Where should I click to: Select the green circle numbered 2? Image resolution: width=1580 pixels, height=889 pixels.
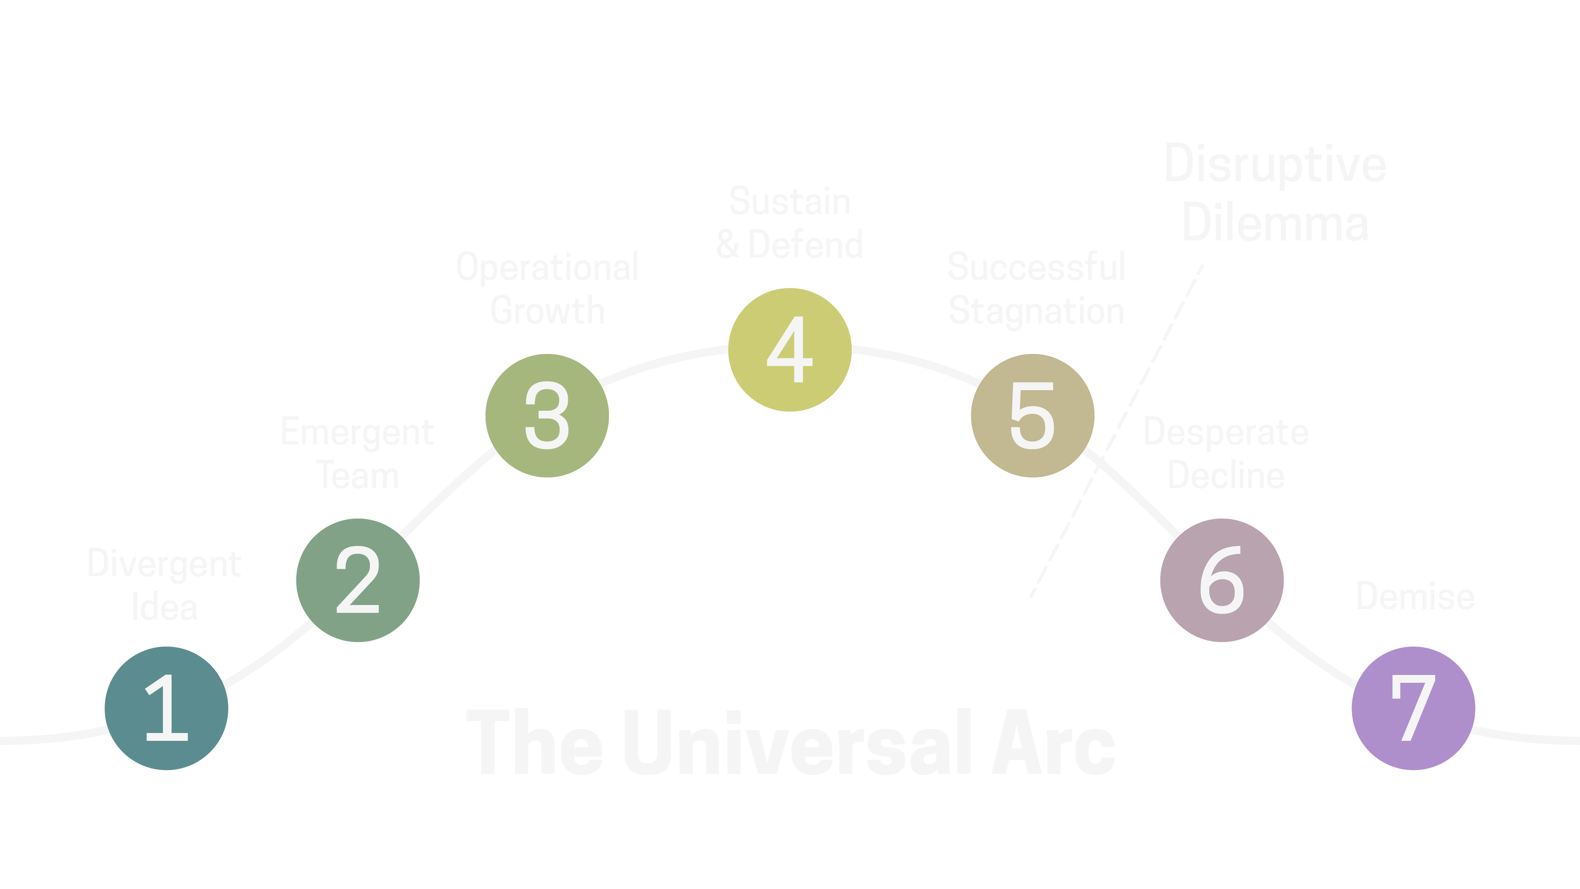(358, 580)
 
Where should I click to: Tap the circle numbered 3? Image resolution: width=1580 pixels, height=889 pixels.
(547, 415)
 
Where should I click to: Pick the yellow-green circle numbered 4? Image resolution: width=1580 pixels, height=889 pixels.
(790, 350)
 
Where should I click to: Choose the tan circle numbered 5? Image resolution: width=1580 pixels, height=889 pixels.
(1032, 415)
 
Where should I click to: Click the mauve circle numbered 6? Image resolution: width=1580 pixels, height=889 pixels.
(1222, 580)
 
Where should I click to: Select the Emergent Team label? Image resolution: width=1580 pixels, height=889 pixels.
(358, 453)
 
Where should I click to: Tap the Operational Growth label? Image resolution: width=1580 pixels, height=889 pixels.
(547, 289)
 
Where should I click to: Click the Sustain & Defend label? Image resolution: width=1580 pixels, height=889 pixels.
(790, 222)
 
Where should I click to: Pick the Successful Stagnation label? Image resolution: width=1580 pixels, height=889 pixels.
(1036, 289)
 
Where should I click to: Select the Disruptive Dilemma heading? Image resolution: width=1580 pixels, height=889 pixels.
(1275, 193)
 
